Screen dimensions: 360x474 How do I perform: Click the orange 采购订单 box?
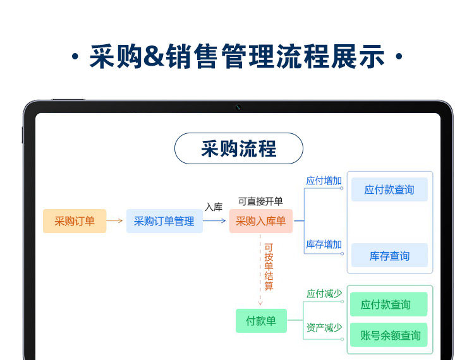(75, 221)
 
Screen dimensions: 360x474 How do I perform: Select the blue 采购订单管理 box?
(164, 221)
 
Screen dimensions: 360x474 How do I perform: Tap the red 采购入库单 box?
(260, 221)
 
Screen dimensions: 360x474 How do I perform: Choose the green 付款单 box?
(261, 321)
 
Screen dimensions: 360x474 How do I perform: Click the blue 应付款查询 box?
(389, 189)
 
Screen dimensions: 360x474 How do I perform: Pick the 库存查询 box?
(389, 256)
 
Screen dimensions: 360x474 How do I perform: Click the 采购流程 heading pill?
(239, 149)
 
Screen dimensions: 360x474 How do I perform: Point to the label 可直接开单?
(260, 201)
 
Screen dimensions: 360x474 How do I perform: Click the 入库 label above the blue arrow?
(214, 207)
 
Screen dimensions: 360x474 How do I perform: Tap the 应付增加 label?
(324, 181)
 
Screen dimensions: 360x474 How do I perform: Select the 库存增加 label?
(324, 244)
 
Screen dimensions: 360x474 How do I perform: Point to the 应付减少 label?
(324, 294)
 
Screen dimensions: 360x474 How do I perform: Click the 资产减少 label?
(324, 327)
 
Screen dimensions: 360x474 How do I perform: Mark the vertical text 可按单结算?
(269, 267)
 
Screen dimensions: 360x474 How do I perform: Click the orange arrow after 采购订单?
(115, 221)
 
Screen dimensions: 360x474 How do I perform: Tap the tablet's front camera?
(238, 107)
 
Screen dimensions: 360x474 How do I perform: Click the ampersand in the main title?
(154, 57)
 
